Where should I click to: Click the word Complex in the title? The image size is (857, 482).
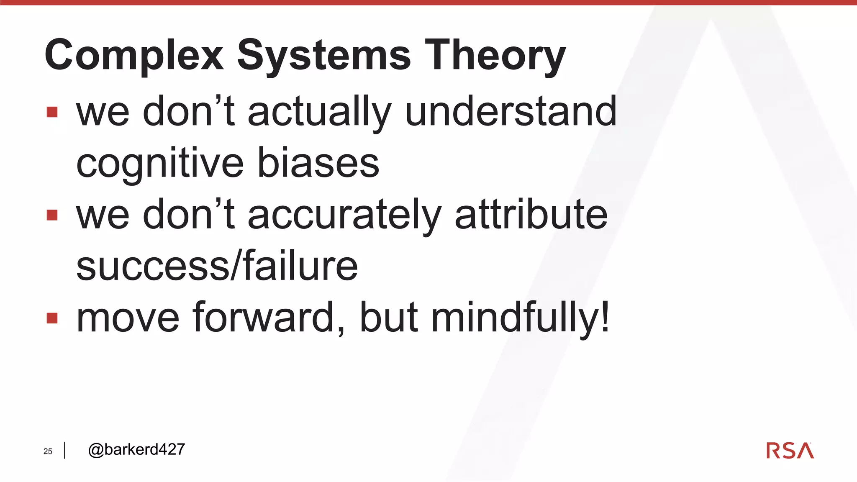click(x=134, y=55)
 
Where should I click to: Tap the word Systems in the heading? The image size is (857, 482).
click(x=324, y=55)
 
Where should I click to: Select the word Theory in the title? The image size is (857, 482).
click(x=495, y=55)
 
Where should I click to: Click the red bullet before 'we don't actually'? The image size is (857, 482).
click(x=52, y=112)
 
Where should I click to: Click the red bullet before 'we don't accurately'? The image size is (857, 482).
click(x=52, y=215)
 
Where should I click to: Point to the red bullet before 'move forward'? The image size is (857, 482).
click(x=52, y=318)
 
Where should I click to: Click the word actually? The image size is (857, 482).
click(x=319, y=112)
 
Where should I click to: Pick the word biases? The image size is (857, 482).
click(x=318, y=163)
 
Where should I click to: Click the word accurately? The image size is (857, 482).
click(x=344, y=215)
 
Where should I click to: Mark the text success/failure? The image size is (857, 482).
click(x=217, y=266)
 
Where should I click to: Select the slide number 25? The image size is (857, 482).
click(x=48, y=451)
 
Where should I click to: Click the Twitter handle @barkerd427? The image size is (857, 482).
click(x=136, y=449)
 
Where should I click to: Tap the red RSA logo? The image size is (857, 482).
click(x=790, y=451)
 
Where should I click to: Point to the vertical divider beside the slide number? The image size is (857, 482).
click(x=64, y=450)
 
